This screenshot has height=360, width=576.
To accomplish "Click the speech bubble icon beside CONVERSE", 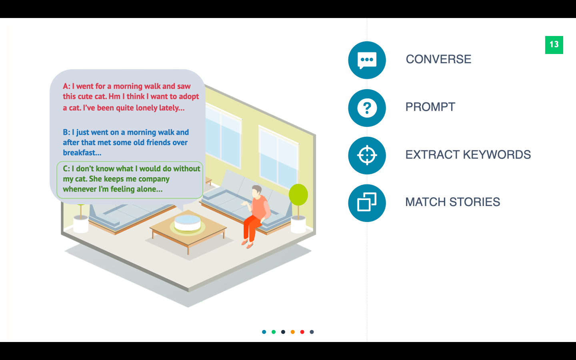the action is click(367, 60).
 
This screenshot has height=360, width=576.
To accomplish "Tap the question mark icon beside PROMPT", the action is click(367, 108).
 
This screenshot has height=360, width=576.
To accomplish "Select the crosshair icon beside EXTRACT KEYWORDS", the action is click(367, 155).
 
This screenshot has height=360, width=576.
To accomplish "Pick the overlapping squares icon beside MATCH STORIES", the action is click(367, 203).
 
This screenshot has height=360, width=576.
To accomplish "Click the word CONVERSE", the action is click(438, 59).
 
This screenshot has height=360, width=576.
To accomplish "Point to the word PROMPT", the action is click(430, 107).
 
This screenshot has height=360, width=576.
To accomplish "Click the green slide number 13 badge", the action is click(554, 45).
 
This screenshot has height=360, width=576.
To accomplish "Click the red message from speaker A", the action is click(130, 97).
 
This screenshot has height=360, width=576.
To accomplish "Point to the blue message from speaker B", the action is click(126, 142).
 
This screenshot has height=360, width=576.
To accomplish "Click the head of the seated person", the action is click(256, 191).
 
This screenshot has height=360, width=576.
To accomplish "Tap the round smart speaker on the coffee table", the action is click(187, 223).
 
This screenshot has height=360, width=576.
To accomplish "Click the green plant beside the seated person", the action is click(298, 195).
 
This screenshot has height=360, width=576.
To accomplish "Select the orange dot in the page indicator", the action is click(293, 332).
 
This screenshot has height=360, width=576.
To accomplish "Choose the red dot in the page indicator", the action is click(302, 332).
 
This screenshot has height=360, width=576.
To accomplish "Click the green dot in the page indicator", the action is click(274, 332).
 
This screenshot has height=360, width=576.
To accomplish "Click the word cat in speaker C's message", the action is click(81, 179).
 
